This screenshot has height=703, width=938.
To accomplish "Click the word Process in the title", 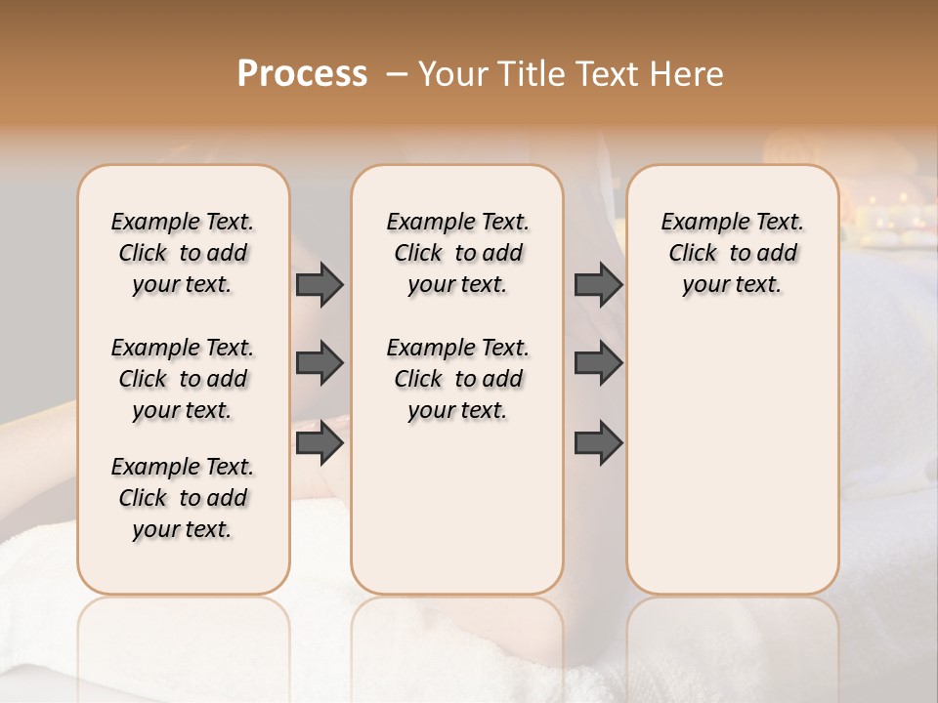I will [302, 74].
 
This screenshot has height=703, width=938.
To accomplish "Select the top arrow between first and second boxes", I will [320, 284].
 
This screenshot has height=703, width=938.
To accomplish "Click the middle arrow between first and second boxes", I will [320, 363].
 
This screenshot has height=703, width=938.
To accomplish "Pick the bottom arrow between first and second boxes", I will [320, 443].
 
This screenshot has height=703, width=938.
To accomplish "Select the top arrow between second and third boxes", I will [598, 284].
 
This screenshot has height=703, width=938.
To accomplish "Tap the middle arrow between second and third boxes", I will [598, 363].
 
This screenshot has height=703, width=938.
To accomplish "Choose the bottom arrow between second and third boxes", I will [598, 443].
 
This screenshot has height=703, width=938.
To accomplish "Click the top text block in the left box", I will [183, 253].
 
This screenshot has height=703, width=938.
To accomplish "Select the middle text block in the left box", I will [183, 379].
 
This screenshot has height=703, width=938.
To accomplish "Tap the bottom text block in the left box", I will [183, 498].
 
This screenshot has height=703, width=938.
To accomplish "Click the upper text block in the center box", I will [457, 253].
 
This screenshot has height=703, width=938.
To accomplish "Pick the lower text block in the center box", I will [457, 379].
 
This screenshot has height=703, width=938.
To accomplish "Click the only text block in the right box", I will [732, 253].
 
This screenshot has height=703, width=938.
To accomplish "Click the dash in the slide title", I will [396, 74].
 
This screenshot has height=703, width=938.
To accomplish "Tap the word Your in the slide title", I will [454, 74].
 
